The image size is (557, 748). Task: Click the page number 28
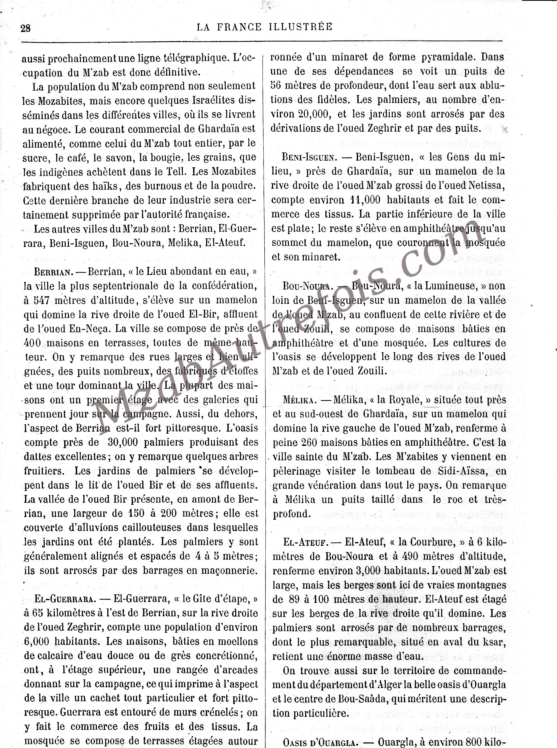click(26, 28)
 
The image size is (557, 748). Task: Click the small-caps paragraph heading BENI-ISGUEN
click(309, 157)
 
